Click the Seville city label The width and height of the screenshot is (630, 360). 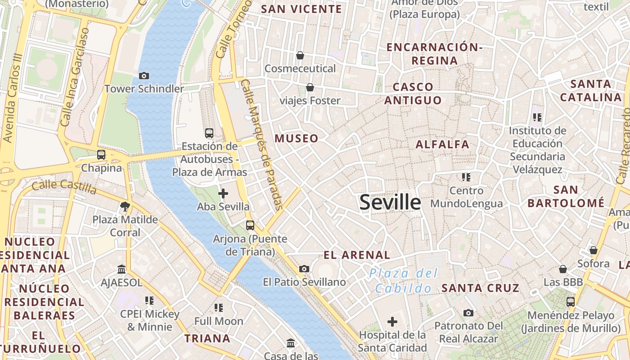point(390,202)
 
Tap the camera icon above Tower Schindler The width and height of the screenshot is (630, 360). point(144,76)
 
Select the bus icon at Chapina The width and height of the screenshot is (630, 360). point(101,155)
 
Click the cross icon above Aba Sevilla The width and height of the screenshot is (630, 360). point(223,193)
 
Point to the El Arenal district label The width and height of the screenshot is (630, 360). point(357,255)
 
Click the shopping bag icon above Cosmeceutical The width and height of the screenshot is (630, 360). point(300,55)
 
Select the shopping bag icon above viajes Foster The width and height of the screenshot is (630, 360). point(310,87)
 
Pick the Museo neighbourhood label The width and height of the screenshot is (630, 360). point(297,139)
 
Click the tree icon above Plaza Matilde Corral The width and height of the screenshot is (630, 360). point(125,207)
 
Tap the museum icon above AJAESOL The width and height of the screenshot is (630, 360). point(121,269)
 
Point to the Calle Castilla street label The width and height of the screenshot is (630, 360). point(64,186)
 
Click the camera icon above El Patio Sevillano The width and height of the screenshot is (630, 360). point(304,269)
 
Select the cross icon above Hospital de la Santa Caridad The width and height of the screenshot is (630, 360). point(392,322)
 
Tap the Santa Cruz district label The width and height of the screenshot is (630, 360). point(481,288)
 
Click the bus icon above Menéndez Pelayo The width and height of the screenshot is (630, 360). point(571,301)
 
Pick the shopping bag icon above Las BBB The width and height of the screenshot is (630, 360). point(562,269)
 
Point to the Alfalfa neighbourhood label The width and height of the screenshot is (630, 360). point(442,144)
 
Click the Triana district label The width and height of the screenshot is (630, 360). point(207,338)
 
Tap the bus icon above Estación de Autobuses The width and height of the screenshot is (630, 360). point(209,133)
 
